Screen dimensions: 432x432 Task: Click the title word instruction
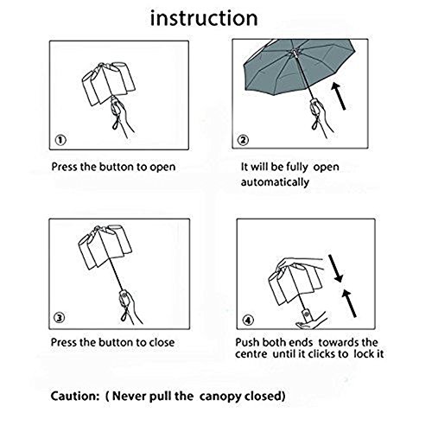pos(204,18)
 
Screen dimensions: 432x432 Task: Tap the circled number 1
pos(60,140)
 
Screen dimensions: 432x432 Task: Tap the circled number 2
pos(243,140)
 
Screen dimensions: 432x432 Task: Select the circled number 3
pos(60,318)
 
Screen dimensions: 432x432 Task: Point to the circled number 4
pos(248,321)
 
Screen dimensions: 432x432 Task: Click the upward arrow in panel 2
pos(338,96)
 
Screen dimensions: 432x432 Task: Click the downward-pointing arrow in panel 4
pos(336,268)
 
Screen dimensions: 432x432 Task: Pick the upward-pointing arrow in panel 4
pos(349,303)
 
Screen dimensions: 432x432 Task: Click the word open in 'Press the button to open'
pos(162,168)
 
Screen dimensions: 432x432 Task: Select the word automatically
pos(275,182)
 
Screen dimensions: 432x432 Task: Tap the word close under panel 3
pos(162,342)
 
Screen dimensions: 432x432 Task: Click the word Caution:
pos(75,396)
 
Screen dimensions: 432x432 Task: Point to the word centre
pos(251,354)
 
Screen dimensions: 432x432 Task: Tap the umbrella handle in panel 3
pos(124,300)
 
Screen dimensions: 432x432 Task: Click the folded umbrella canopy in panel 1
pos(109,83)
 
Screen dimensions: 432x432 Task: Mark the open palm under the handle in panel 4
pos(309,323)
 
